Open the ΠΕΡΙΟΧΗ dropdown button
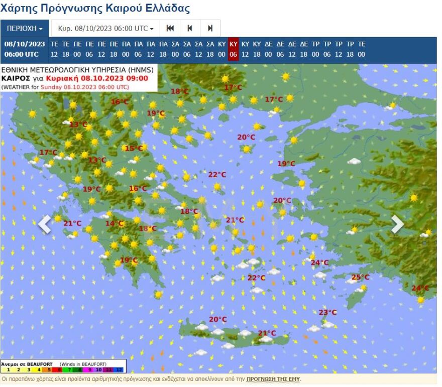click(25, 28)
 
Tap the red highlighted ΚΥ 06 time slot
click(233, 49)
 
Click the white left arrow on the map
click(45, 224)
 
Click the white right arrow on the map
click(397, 224)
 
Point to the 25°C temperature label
click(360, 277)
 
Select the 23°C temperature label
click(327, 312)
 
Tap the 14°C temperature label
click(114, 223)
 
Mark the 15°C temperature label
click(133, 148)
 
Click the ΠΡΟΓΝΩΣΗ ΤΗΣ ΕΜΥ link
click(273, 379)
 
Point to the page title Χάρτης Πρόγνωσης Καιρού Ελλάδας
click(95, 9)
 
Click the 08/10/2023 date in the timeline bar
click(25, 44)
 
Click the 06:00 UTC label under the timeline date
click(25, 54)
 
